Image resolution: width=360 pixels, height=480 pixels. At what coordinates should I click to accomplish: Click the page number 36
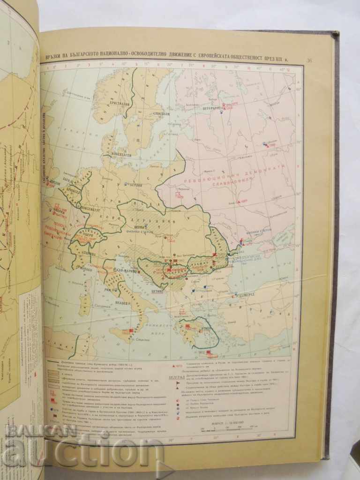308,60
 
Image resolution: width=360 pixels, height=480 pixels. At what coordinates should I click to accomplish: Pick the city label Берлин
137,184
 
